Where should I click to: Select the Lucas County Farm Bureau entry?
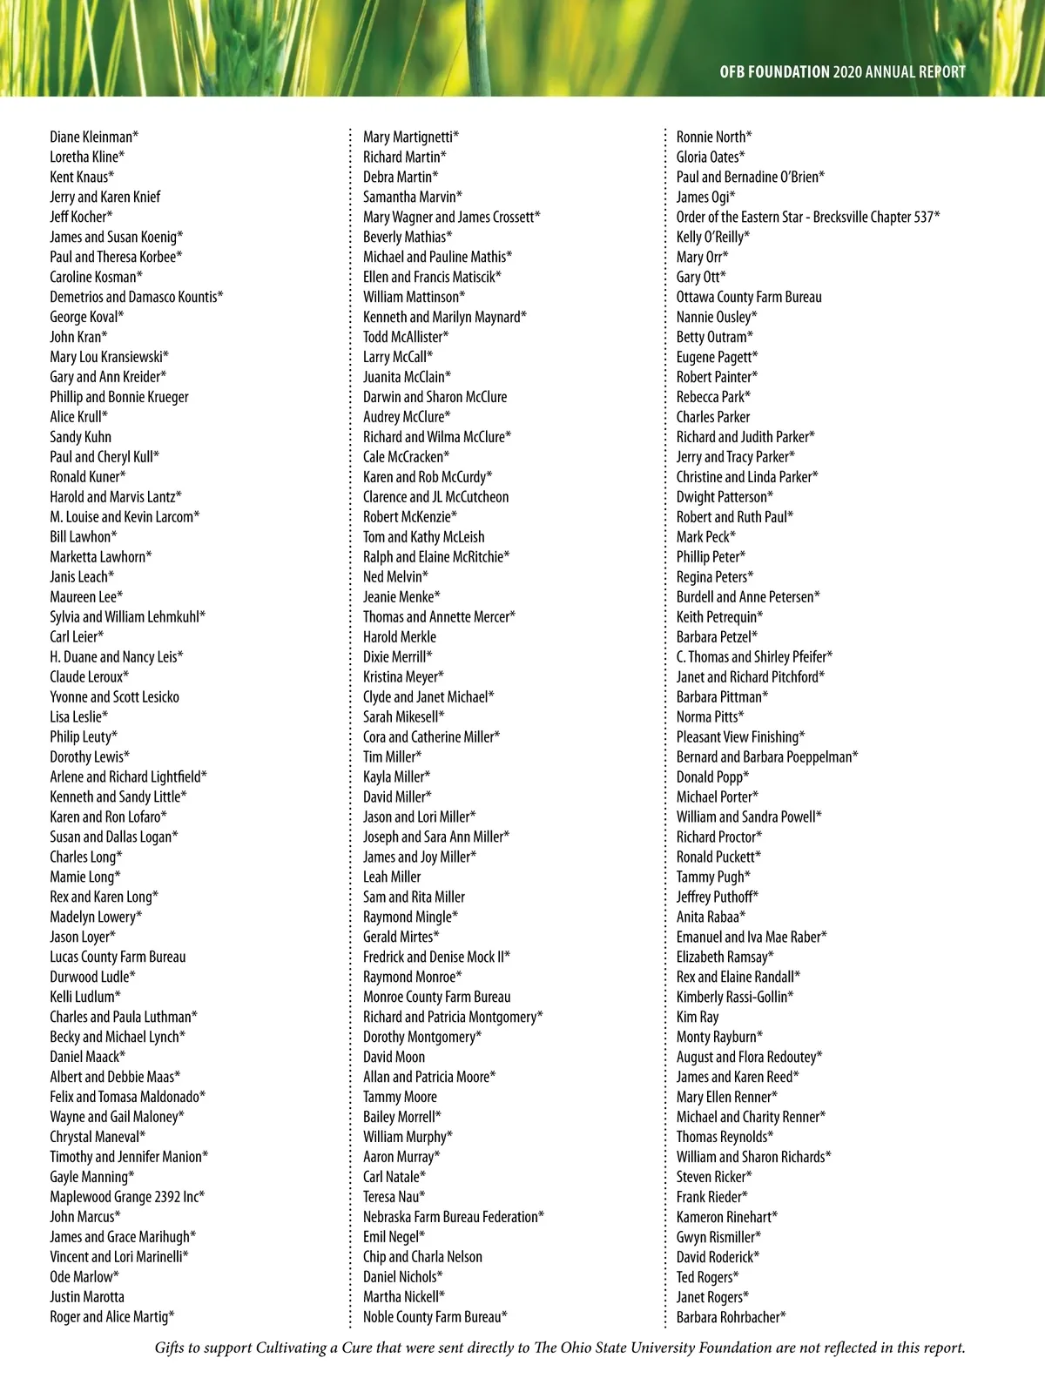point(118,957)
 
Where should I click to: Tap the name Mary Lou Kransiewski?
point(109,357)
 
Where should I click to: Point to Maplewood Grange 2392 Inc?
point(126,1197)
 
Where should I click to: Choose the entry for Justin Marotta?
point(87,1297)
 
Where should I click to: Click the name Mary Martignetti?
point(410,137)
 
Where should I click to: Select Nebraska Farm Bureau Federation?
point(453,1217)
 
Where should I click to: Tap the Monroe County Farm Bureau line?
point(436,997)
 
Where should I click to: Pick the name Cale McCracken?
point(406,457)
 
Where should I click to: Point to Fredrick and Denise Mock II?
point(436,957)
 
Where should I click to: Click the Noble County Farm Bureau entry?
point(435,1317)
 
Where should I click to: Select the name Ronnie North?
point(714,137)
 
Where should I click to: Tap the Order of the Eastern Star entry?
point(807,217)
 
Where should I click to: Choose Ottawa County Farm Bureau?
point(749,297)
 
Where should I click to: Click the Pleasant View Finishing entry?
point(740,737)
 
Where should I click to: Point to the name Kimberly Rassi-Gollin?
point(734,997)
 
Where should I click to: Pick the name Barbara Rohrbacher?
point(731,1317)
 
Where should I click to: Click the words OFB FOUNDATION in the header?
point(774,72)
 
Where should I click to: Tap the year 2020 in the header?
point(847,72)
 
